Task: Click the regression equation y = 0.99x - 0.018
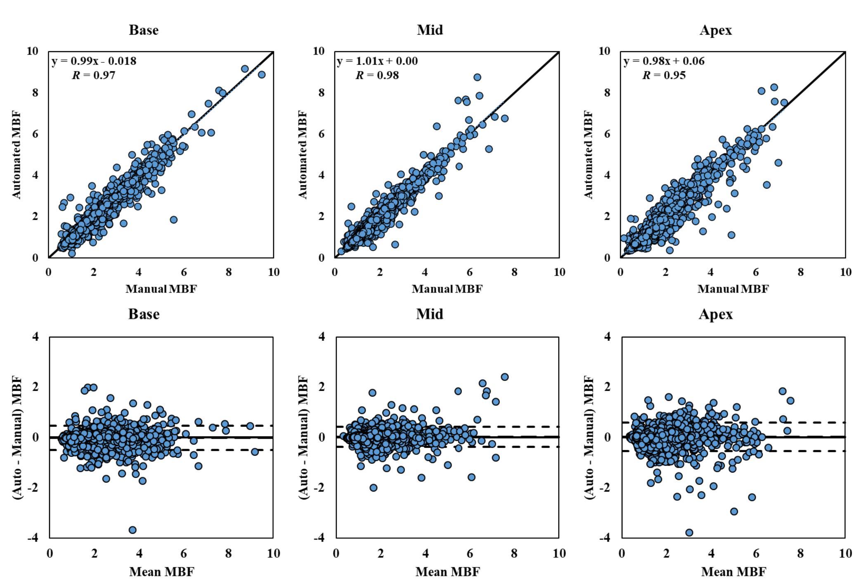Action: [94, 61]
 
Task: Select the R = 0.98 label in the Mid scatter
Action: [377, 75]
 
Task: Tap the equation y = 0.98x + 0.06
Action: [664, 61]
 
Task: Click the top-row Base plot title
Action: [144, 30]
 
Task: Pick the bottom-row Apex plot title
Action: [715, 314]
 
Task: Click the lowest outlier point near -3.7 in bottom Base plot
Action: [132, 530]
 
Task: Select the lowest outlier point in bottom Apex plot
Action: [689, 533]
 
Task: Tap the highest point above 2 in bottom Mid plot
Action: [504, 377]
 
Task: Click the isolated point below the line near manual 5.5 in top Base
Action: [173, 219]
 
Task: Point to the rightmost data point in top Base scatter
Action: [261, 74]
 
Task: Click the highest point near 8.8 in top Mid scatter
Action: [477, 77]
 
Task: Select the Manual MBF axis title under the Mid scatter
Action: [447, 289]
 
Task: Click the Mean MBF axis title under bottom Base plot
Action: [161, 572]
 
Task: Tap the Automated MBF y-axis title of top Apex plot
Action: [588, 155]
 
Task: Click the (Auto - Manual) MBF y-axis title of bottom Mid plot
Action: [303, 438]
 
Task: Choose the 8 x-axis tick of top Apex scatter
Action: [800, 272]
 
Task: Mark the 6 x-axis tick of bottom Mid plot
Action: [469, 553]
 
